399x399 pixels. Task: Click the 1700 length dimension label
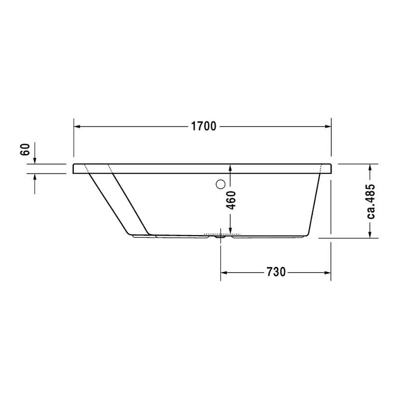pyautogui.click(x=203, y=126)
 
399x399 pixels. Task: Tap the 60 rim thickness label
pyautogui.click(x=25, y=149)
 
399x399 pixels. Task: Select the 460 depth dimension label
pyautogui.click(x=231, y=200)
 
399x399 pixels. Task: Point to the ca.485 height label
pyautogui.click(x=371, y=201)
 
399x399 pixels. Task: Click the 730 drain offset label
pyautogui.click(x=276, y=272)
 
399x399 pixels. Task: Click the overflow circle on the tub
pyautogui.click(x=220, y=184)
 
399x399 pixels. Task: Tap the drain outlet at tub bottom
pyautogui.click(x=220, y=236)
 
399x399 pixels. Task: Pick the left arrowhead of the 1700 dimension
pyautogui.click(x=77, y=126)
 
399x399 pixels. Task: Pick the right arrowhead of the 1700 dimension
pyautogui.click(x=328, y=126)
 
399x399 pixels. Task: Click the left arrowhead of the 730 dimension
pyautogui.click(x=224, y=273)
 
